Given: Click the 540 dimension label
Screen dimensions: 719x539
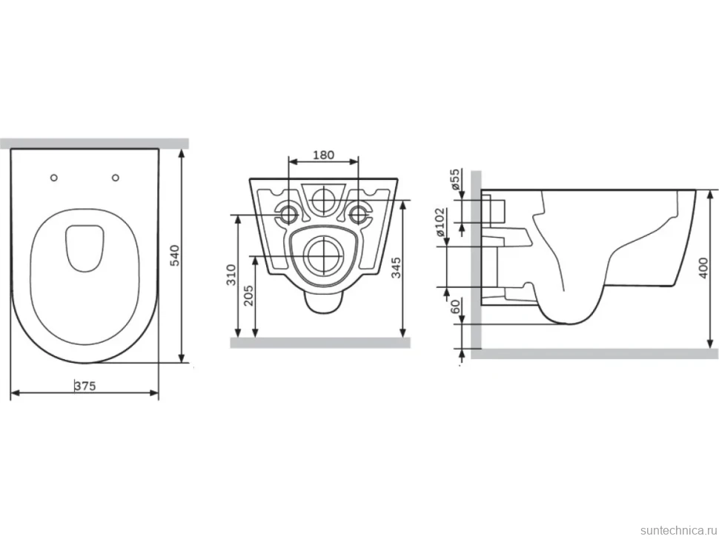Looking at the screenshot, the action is click(175, 255).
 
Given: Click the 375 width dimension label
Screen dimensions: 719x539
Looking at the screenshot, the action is click(86, 386).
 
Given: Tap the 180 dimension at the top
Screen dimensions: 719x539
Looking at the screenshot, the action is click(323, 155).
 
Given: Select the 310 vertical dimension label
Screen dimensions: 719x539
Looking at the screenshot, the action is click(231, 275).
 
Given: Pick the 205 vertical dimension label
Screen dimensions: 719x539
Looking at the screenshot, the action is click(248, 295).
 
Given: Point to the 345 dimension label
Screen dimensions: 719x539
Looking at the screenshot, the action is click(396, 267).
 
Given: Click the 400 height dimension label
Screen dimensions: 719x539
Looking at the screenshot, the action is click(704, 269).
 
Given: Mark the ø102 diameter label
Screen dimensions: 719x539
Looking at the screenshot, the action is click(440, 221).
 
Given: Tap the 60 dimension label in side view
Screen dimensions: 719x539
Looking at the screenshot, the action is click(456, 306).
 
